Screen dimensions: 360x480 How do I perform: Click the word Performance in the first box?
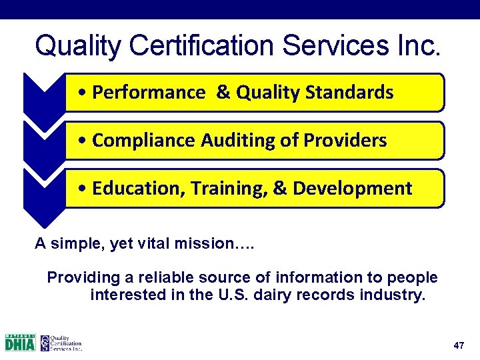click(149, 93)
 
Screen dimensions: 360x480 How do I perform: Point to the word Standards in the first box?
click(355, 93)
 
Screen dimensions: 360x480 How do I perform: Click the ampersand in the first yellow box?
click(223, 93)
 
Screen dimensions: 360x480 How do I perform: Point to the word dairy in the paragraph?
click(279, 295)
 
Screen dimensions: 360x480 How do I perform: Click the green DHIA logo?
click(20, 342)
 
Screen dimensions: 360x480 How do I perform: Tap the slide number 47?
click(458, 345)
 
